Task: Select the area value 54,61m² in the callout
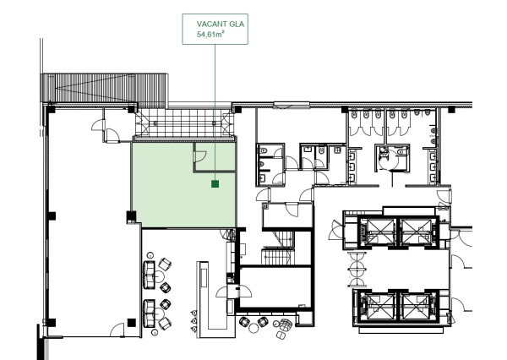coord(211,36)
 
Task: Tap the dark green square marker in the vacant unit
coord(215,182)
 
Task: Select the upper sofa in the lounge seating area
coord(151,274)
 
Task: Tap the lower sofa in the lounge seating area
coord(151,312)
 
